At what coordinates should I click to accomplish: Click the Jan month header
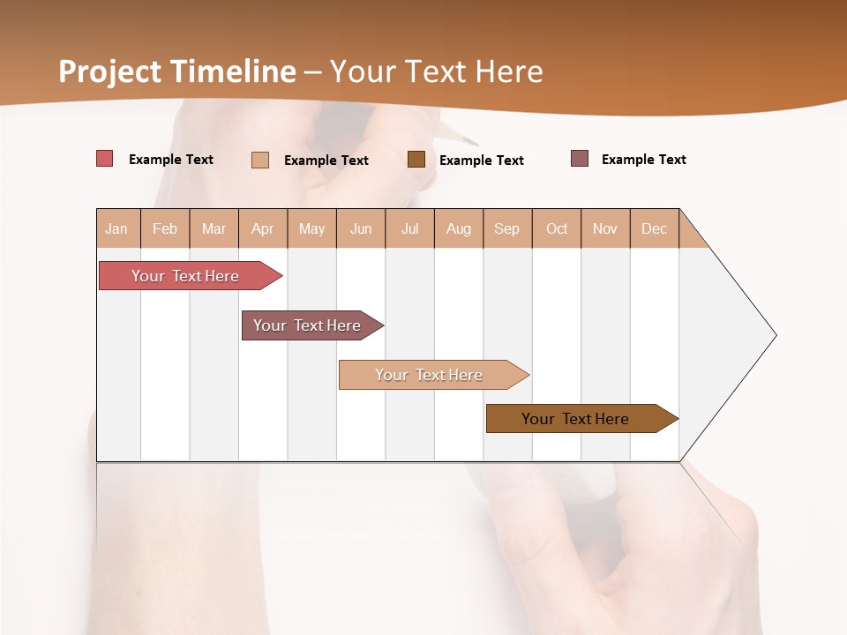116,228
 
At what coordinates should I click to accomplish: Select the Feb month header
165,228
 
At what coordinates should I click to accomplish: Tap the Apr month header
263,228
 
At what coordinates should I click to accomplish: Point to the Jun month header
361,228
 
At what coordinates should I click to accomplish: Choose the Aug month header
459,228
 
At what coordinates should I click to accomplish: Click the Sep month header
507,228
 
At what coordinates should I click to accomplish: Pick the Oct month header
557,228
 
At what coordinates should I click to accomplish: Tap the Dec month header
655,228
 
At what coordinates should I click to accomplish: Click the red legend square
104,159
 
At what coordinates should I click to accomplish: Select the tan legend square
260,160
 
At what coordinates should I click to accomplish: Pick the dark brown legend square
416,159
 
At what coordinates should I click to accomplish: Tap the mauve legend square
580,159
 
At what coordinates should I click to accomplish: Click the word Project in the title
109,71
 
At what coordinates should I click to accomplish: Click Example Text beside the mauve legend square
643,160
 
